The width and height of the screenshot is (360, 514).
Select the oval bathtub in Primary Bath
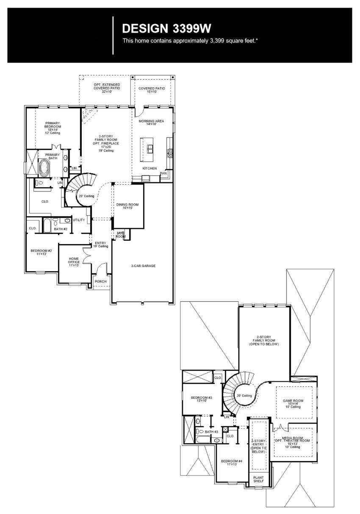(44, 168)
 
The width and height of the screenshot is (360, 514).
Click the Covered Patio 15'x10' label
(152, 90)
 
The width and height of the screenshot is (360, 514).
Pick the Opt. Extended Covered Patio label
(107, 88)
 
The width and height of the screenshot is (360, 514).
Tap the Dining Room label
(127, 206)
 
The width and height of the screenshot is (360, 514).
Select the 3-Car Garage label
(143, 266)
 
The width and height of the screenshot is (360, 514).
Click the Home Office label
(74, 262)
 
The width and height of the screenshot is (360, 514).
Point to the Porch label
(100, 281)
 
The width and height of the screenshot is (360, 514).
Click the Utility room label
(79, 220)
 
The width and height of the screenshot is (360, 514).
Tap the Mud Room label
(121, 234)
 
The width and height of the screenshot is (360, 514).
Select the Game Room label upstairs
(293, 403)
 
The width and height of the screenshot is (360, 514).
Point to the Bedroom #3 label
(201, 399)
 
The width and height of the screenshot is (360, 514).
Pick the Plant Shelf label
(258, 479)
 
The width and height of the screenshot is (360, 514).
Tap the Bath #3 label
(211, 431)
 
